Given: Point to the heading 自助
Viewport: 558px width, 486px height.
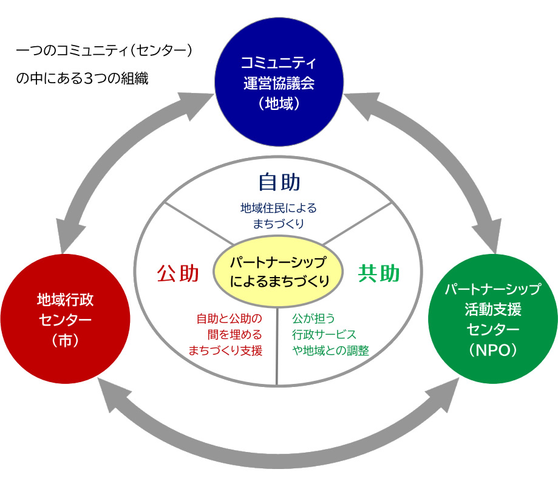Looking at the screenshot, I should coord(279,182).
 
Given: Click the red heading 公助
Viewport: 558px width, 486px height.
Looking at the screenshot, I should coord(178,273).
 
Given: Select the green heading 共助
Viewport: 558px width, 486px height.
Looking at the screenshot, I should coord(379,273).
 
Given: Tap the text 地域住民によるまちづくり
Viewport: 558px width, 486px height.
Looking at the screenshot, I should coord(279,216).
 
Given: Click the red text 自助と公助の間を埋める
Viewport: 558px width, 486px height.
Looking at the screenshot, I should coord(229,326).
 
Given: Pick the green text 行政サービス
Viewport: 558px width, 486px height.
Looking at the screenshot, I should coord(324,334).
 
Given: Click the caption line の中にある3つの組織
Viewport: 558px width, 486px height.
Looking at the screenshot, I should coord(82,79).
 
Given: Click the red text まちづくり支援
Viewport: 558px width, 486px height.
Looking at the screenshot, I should coord(225,351).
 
